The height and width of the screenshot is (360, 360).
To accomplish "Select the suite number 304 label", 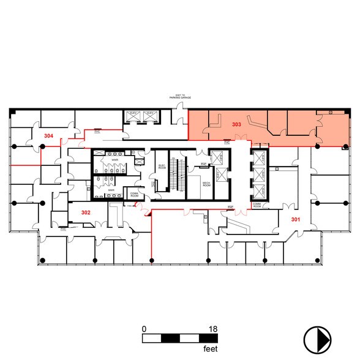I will tap(48, 135).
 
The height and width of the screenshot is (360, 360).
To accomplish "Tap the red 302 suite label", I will tap(86, 212).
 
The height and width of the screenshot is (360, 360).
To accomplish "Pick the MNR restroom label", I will tap(111, 190).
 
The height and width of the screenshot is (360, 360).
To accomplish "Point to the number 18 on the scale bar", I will tap(213, 329).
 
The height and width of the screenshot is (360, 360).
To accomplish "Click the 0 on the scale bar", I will tap(144, 329).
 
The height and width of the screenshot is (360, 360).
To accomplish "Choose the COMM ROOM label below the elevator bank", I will tap(258, 206).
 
